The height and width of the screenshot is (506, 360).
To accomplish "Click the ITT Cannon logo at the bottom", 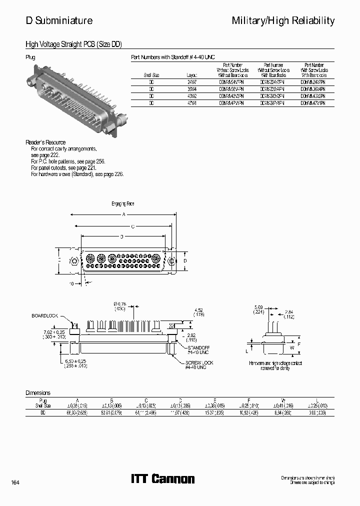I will [x=162, y=479].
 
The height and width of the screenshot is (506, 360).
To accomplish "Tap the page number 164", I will [x=15, y=482].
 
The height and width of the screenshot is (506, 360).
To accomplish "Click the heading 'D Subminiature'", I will [x=59, y=20].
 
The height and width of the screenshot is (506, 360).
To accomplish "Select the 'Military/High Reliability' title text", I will [x=283, y=20].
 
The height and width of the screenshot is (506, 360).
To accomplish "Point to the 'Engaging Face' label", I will [x=122, y=204].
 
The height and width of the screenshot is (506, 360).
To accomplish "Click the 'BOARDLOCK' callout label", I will [x=45, y=316].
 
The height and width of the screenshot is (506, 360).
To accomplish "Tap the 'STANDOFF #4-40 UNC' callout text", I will [x=198, y=348].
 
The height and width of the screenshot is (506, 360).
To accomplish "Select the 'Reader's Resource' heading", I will [x=45, y=142].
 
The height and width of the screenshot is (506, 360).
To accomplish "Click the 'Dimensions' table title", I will [x=38, y=393].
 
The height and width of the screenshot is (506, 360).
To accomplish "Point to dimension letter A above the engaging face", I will [x=122, y=214].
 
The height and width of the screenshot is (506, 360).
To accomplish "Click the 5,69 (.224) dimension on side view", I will [x=258, y=310].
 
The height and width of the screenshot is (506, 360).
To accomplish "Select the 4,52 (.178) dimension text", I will [x=198, y=312].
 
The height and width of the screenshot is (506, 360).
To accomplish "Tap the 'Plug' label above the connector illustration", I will [x=30, y=57].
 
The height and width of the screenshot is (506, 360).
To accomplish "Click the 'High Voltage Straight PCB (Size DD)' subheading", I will [x=73, y=44].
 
